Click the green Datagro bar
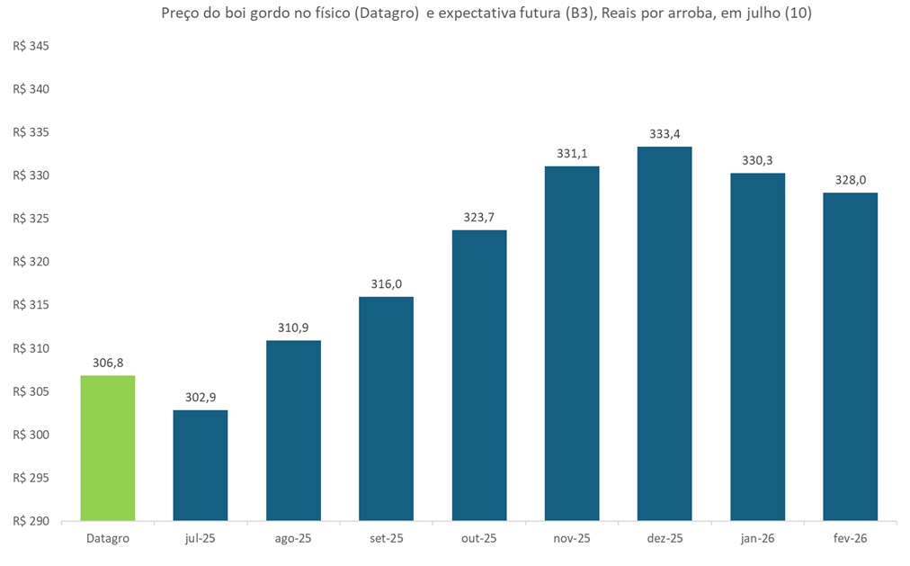tap(108, 447)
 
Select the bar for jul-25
tap(201, 465)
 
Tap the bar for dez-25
tap(665, 333)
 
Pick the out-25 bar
tap(479, 375)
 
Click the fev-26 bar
tap(850, 356)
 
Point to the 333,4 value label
tap(665, 134)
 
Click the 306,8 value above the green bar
tap(108, 363)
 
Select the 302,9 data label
tap(201, 398)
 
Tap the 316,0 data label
tap(387, 284)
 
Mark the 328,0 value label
tap(850, 180)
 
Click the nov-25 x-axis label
tap(572, 538)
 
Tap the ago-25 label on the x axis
tap(294, 538)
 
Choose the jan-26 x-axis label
tap(757, 538)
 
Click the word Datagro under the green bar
tap(108, 538)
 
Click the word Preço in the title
tap(180, 14)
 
